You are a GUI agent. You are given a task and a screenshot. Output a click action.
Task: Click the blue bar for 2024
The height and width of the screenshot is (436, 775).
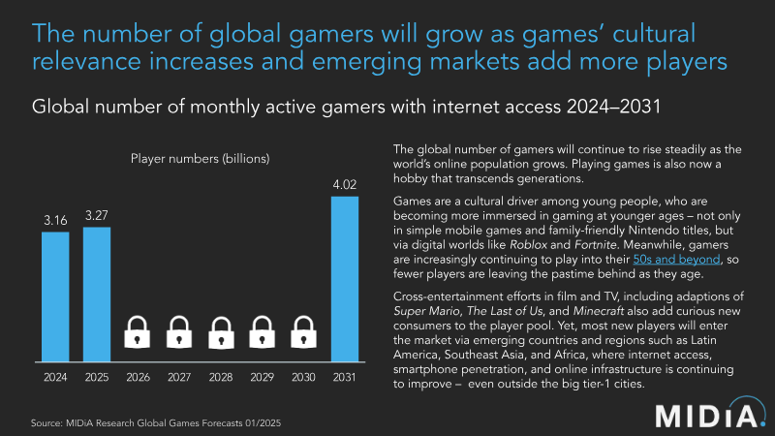click(54, 294)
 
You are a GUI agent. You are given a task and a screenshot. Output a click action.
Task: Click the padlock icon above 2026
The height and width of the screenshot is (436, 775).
click(139, 332)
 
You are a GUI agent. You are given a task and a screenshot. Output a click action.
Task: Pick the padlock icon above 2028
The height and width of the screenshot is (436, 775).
click(222, 332)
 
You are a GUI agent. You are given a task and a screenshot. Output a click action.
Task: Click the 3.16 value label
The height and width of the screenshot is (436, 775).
click(54, 220)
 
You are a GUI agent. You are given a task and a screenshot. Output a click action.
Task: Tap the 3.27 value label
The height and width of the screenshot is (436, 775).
click(96, 214)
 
